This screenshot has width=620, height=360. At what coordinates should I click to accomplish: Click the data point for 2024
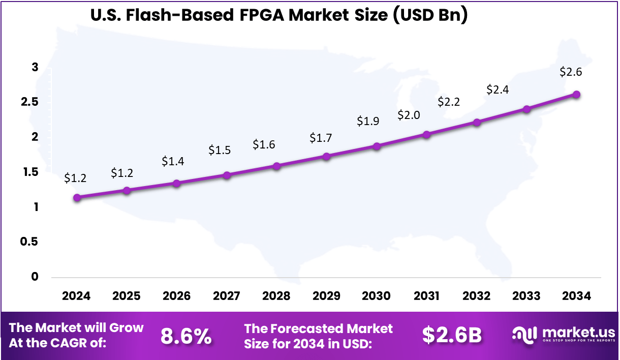click(x=77, y=198)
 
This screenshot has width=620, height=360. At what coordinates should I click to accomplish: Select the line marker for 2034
click(x=576, y=95)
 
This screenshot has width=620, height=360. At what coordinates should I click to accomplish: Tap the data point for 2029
click(x=327, y=156)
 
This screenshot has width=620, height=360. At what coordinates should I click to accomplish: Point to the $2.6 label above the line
click(x=571, y=72)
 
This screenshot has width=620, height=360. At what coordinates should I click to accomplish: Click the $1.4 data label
click(x=173, y=161)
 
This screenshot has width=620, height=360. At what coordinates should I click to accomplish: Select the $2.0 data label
click(x=409, y=115)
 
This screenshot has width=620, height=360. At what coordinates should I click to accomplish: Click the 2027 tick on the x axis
click(x=227, y=296)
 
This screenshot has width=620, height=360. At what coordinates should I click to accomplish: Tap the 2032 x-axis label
click(x=477, y=296)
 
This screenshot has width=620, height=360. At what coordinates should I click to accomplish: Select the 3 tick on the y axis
click(x=35, y=68)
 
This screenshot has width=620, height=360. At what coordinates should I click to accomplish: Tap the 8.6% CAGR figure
click(x=186, y=336)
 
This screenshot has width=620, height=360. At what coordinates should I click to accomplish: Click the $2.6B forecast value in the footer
click(x=452, y=335)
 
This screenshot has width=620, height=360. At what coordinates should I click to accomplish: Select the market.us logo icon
click(x=525, y=335)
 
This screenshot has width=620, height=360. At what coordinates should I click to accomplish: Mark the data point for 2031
click(x=426, y=135)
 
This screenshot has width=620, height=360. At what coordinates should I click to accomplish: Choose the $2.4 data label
click(x=498, y=89)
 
